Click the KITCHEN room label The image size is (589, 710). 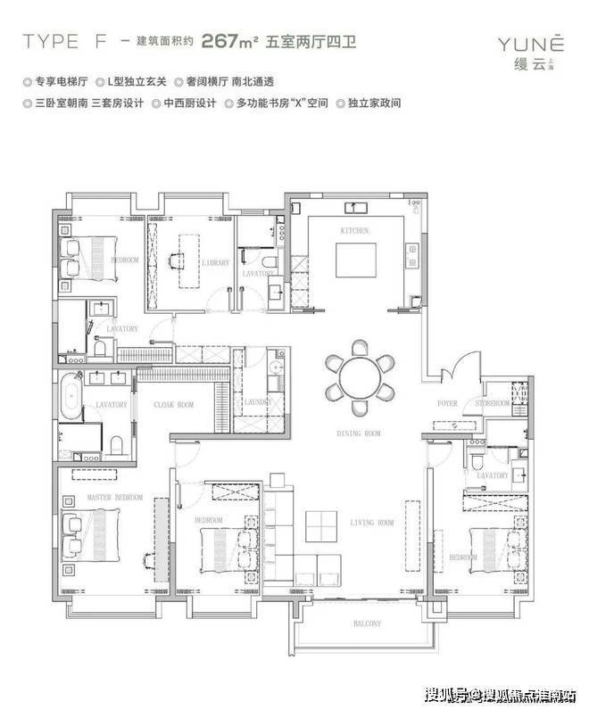tap(354, 230)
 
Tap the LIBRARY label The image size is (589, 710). tap(216, 263)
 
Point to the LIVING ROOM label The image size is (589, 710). tap(373, 523)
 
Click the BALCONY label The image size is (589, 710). tap(366, 623)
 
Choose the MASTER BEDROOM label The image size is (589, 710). tap(114, 497)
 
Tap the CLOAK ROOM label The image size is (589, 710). tap(173, 405)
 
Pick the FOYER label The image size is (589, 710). tap(447, 404)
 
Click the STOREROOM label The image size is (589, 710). tap(492, 404)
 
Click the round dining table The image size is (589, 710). tap(360, 376)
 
